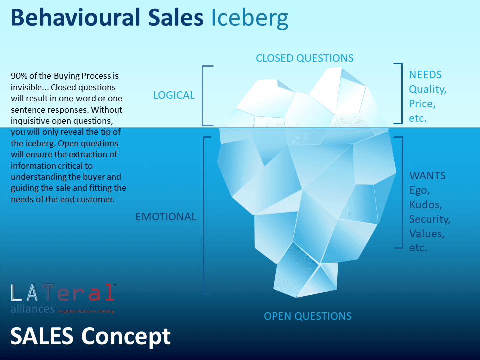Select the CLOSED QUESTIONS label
point(305,58)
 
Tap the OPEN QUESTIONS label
point(308,316)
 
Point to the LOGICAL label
point(174,95)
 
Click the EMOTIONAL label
point(166,217)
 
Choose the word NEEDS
point(425,75)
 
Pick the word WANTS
point(427,176)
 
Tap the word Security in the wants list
point(429,219)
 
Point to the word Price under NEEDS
point(422,104)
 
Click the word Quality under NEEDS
point(427,89)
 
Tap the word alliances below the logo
point(32,309)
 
